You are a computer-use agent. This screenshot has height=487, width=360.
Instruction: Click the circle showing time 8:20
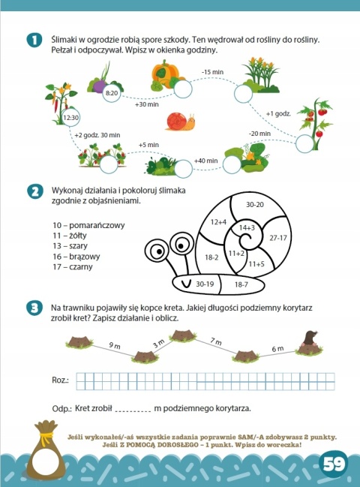[x=112, y=92]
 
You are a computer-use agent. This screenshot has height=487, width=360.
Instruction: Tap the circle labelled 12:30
[x=71, y=118]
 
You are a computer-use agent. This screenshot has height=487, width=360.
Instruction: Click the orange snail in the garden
[x=181, y=121]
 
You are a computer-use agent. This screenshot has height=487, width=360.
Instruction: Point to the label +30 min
[x=147, y=104]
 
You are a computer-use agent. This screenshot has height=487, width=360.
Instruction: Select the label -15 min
[x=212, y=72]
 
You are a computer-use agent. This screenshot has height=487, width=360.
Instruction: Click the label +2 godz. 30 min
[x=97, y=135]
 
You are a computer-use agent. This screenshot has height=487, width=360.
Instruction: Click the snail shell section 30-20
[x=255, y=204]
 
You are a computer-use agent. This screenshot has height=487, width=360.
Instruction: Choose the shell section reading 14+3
[x=247, y=227]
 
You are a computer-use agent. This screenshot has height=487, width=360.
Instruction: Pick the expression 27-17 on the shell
[x=278, y=238]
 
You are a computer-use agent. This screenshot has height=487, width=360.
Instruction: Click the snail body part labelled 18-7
[x=241, y=284]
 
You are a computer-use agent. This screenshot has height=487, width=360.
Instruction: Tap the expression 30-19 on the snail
[x=205, y=284]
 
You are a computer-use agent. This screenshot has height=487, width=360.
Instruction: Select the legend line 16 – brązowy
[x=76, y=257]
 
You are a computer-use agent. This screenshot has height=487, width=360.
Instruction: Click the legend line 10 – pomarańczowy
[x=88, y=225]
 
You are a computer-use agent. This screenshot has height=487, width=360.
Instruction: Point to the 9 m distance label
[x=115, y=345]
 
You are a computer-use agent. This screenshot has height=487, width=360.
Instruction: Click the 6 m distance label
[x=277, y=349]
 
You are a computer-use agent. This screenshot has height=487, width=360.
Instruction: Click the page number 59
[x=334, y=464]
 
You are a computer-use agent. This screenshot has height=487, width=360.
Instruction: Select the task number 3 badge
[x=34, y=308]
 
